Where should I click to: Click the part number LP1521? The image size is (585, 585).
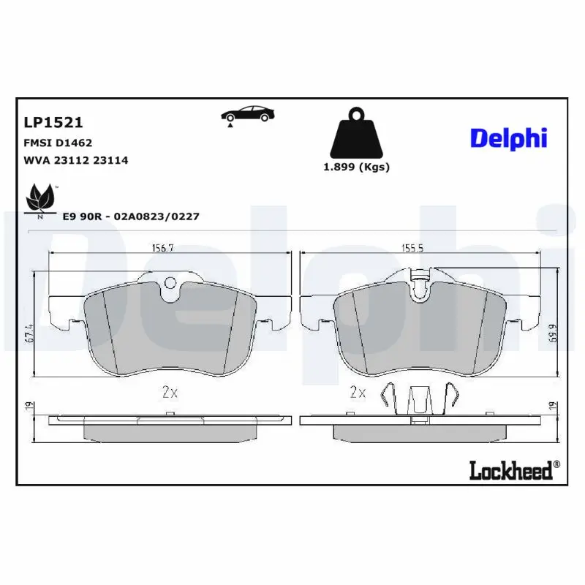(x=53, y=122)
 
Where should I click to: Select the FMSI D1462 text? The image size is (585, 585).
(x=58, y=143)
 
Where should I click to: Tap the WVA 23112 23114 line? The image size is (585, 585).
(x=76, y=159)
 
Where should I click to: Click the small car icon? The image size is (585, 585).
(x=248, y=114)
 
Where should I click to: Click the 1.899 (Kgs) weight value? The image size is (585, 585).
(x=356, y=167)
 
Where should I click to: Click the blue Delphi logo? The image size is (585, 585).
(x=508, y=137)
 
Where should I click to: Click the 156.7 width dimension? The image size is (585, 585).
(x=162, y=248)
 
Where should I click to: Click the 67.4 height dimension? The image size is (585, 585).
(x=30, y=336)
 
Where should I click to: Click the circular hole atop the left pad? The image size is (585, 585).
(x=170, y=283)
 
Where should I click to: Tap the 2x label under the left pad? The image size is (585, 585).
(x=169, y=393)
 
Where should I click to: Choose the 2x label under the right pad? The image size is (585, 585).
(x=358, y=393)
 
